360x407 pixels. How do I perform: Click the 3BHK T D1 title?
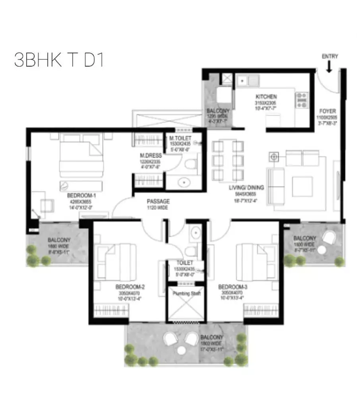[59, 60]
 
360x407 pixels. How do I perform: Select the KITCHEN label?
[266, 97]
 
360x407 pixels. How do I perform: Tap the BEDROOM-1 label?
[81, 196]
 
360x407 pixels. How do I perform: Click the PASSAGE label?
[158, 202]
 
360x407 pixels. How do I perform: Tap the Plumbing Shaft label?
[186, 294]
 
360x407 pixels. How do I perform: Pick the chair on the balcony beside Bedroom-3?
[329, 238]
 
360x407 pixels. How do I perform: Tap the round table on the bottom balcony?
[182, 351]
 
